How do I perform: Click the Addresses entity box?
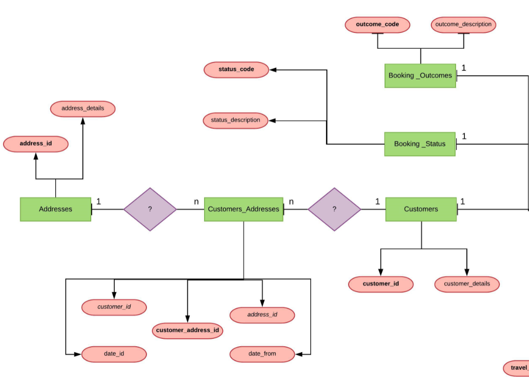[x=55, y=209]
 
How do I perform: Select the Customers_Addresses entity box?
[x=244, y=209]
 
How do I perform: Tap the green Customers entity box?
[x=421, y=209]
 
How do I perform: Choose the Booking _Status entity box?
[x=420, y=144]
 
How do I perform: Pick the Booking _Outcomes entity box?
[x=420, y=75]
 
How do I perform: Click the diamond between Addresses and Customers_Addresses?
[x=150, y=209]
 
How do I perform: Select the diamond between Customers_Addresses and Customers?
[x=334, y=209]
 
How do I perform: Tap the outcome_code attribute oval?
[x=377, y=25]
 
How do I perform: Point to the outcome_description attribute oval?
[x=463, y=25]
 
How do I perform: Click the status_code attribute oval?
[x=236, y=69]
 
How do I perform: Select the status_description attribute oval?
[x=236, y=120]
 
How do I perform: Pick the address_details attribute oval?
[x=83, y=108]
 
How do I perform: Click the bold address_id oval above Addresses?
[x=35, y=144]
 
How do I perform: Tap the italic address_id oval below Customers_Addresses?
[x=262, y=315]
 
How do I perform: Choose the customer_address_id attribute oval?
[x=187, y=330]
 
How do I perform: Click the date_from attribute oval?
[x=262, y=354]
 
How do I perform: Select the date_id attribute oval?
[x=114, y=354]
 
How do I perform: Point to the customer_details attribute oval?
[x=466, y=284]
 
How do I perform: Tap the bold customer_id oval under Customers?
[x=381, y=284]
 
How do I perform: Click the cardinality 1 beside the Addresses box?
[x=99, y=201]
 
